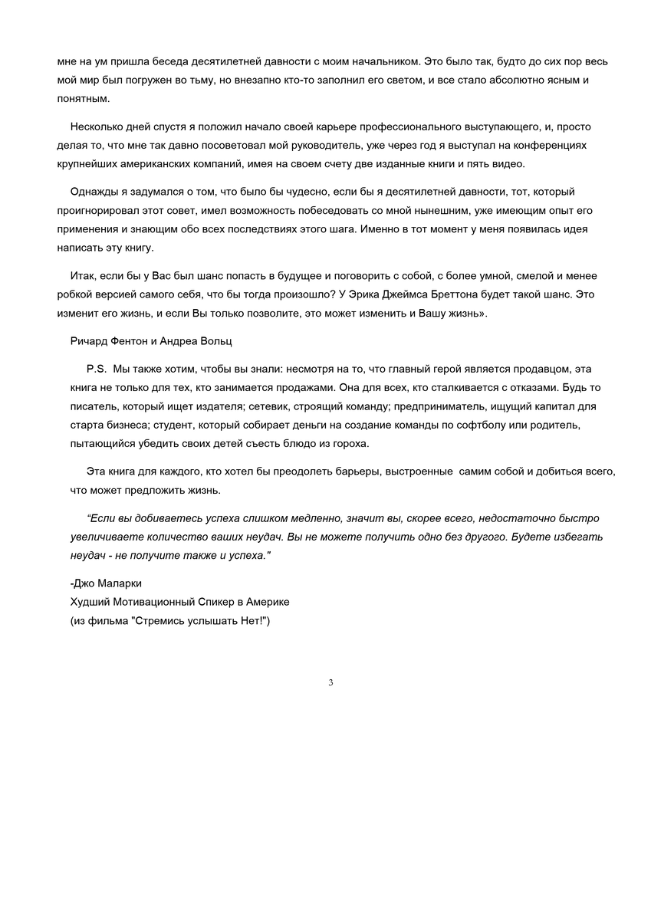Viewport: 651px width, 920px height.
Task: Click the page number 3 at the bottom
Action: [x=330, y=682]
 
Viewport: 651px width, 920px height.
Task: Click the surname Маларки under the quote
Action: [x=117, y=583]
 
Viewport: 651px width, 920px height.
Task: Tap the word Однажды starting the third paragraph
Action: [x=94, y=192]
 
